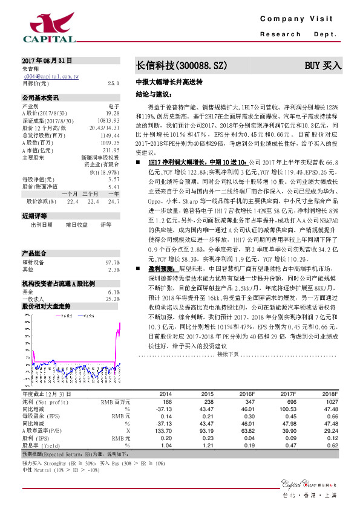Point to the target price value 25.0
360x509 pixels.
(113, 83)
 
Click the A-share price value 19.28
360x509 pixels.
(112, 113)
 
